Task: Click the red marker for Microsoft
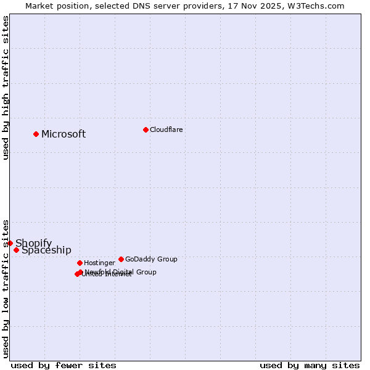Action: click(x=36, y=134)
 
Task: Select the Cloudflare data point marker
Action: click(x=146, y=129)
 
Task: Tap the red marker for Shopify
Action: click(x=10, y=243)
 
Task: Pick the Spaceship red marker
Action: click(x=16, y=250)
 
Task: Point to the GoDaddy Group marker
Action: click(x=121, y=259)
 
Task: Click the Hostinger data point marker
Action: click(x=80, y=263)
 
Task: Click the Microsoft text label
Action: click(x=64, y=134)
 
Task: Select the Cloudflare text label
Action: click(x=166, y=129)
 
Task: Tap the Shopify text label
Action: click(x=34, y=243)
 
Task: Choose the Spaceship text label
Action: click(x=46, y=250)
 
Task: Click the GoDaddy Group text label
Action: click(x=151, y=259)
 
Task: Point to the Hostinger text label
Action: click(x=99, y=263)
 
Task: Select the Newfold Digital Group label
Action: click(x=121, y=271)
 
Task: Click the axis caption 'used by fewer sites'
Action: click(x=64, y=365)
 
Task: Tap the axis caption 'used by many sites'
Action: click(x=310, y=365)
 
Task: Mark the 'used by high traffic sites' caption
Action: click(x=6, y=88)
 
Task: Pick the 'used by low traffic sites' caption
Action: click(x=6, y=288)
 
